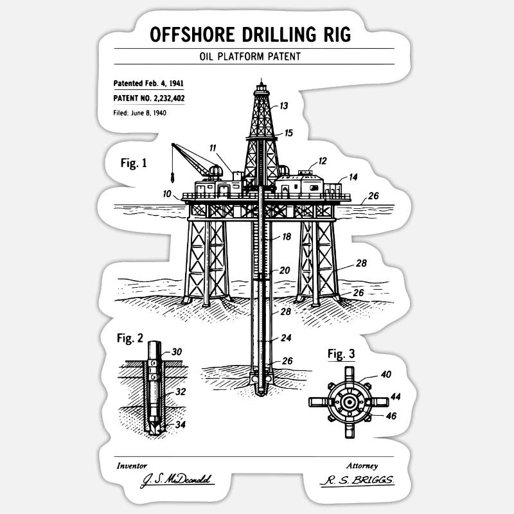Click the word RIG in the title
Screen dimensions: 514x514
[x=337, y=35]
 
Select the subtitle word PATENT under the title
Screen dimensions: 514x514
[x=284, y=57]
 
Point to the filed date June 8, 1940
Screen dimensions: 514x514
[x=148, y=113]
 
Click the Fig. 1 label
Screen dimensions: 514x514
[x=134, y=163]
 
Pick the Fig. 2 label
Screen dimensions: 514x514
[x=130, y=338]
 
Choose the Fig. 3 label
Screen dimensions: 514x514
[x=341, y=354]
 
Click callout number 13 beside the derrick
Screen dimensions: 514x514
[x=283, y=106]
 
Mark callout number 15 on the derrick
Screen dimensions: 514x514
[x=288, y=133]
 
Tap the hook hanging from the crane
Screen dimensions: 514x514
[x=172, y=179]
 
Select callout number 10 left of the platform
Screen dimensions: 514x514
[x=167, y=194]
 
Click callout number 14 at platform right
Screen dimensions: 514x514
[x=353, y=177]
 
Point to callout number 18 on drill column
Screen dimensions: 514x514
[x=287, y=236]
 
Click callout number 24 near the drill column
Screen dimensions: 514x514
[x=286, y=338]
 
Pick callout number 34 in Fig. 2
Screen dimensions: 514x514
[x=181, y=425]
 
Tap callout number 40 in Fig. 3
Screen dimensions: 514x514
[x=386, y=375]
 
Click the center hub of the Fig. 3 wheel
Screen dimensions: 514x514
[x=350, y=402]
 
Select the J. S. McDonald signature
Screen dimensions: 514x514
[x=177, y=480]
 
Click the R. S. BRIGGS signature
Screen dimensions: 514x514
[x=358, y=480]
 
